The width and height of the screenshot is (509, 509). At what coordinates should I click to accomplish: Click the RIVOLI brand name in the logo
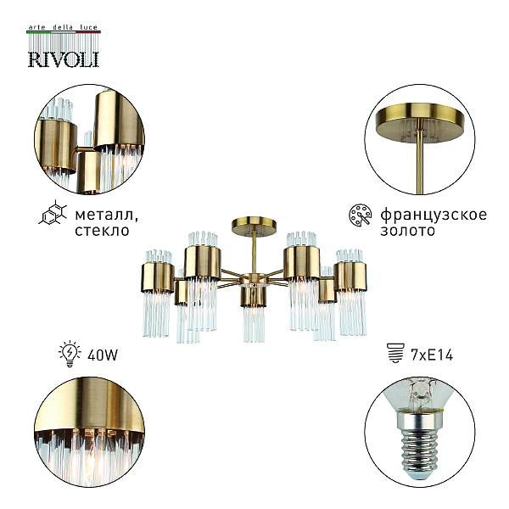pos(64,59)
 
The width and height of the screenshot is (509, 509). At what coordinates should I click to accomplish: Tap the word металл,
pos(107,215)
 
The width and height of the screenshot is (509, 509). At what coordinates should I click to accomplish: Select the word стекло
pos(102,231)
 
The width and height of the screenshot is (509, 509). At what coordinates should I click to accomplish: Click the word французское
pos(433,215)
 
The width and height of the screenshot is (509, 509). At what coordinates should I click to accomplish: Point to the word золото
pos(407,231)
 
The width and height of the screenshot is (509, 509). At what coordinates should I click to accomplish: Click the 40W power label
pos(103,355)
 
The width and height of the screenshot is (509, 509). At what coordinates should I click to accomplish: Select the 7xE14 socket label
pos(432,355)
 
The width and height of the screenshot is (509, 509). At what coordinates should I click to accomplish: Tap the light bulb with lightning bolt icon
pos(70,354)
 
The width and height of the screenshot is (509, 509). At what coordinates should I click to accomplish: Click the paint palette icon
pos(361,215)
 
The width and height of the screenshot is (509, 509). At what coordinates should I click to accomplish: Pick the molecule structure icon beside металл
pos(53,213)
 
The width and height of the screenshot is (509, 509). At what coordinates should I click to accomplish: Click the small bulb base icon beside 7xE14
pos(396,353)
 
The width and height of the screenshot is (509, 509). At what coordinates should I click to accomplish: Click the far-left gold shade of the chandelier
pos(158,277)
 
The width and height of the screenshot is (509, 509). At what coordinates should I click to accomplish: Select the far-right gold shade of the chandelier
pos(350,277)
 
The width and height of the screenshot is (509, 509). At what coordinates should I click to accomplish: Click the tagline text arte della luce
pos(63,27)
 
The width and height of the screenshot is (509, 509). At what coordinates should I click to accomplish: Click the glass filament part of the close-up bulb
pos(421,392)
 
